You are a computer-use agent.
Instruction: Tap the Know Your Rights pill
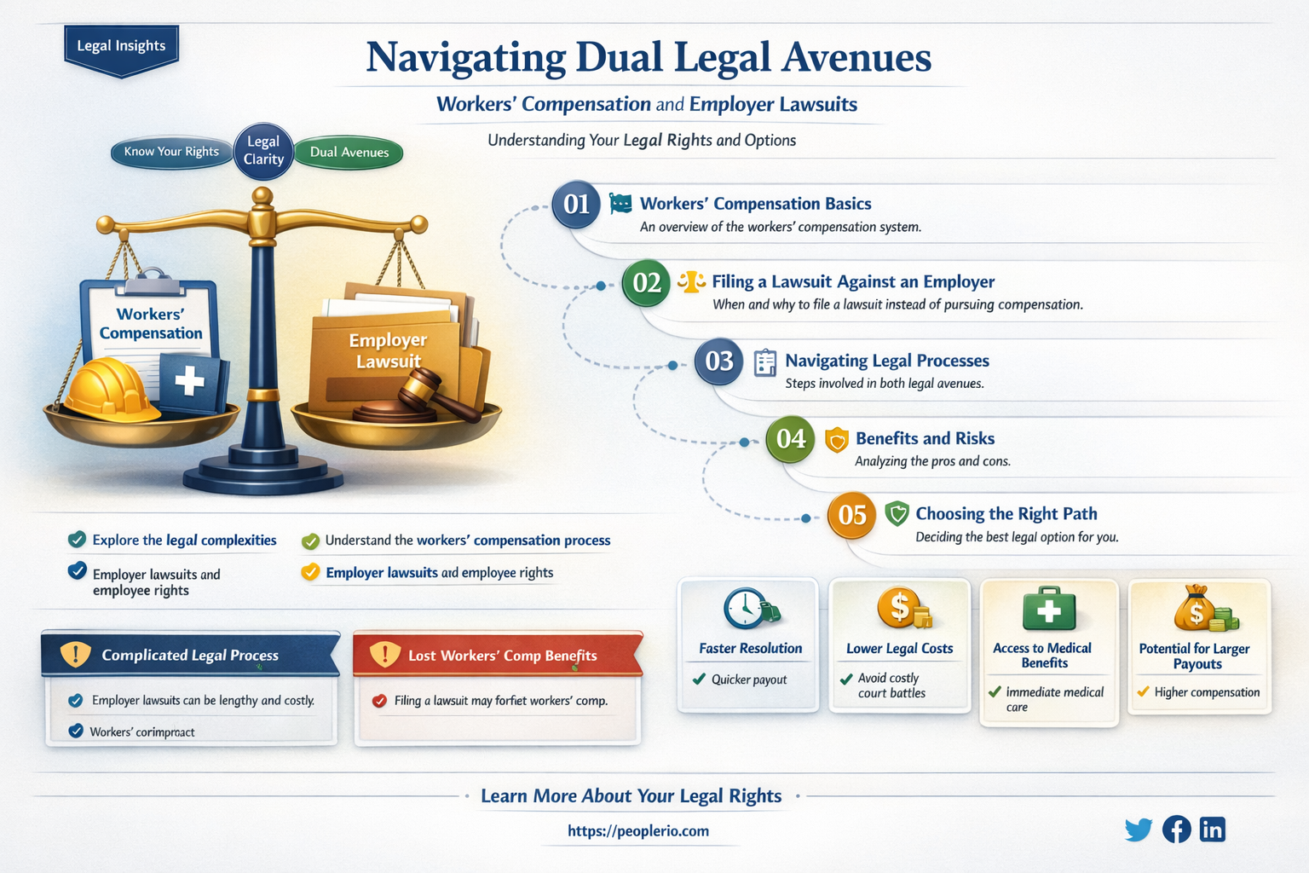tap(171, 152)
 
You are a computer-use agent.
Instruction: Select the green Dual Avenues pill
tap(349, 153)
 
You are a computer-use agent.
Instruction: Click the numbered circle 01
tap(576, 205)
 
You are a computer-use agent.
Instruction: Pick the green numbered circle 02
tap(646, 283)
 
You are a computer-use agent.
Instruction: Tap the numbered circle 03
tap(718, 361)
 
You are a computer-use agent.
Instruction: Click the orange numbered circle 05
tap(852, 516)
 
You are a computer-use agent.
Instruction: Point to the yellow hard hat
tap(111, 390)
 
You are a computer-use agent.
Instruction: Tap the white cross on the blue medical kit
tap(189, 381)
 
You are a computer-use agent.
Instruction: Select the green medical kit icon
tap(1049, 609)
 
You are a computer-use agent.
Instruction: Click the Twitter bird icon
tap(1139, 830)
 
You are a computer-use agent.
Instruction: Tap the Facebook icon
tap(1176, 830)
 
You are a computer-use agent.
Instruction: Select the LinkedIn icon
tap(1213, 830)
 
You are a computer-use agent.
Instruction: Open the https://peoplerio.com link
tap(638, 831)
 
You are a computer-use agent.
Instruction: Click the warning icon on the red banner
tap(385, 654)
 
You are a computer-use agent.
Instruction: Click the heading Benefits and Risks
tap(925, 438)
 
